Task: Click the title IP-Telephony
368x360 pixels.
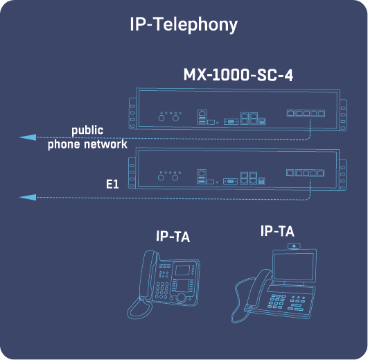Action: (x=184, y=25)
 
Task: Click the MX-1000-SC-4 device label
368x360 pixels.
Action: (x=238, y=75)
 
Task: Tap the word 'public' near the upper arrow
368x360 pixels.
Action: (x=87, y=130)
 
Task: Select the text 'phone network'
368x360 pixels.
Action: (x=87, y=144)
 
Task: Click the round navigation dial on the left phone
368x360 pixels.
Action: (x=183, y=298)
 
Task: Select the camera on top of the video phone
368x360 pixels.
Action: (x=295, y=246)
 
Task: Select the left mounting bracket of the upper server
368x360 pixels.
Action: (x=132, y=111)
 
